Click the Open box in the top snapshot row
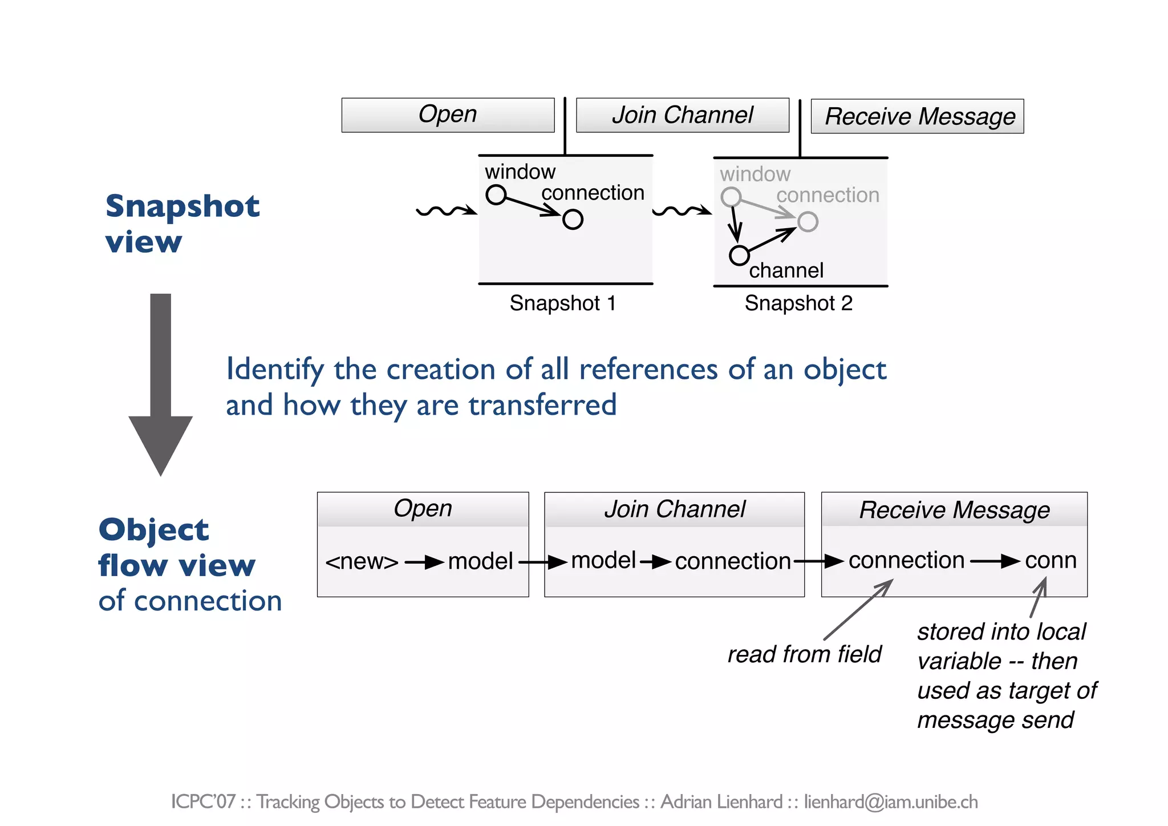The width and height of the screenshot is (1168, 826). click(x=448, y=115)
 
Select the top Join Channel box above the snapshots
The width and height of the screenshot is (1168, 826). click(x=682, y=115)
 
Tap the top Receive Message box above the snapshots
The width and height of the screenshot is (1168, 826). click(x=917, y=116)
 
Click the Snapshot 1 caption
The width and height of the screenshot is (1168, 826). click(x=562, y=303)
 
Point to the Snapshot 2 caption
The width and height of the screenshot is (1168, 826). click(x=798, y=303)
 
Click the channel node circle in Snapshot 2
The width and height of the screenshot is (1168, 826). click(x=739, y=255)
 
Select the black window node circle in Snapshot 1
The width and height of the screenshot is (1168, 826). click(x=496, y=195)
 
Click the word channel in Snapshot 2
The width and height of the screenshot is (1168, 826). click(x=786, y=270)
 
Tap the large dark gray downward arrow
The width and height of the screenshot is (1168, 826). click(x=161, y=388)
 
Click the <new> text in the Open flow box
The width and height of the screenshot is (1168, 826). click(x=362, y=562)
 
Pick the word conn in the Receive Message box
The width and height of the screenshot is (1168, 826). click(x=1051, y=561)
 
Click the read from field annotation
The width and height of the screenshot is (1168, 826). click(x=804, y=654)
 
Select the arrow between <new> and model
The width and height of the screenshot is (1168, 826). click(x=424, y=563)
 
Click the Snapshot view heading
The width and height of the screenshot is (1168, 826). click(x=182, y=224)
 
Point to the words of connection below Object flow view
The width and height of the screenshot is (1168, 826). click(x=190, y=601)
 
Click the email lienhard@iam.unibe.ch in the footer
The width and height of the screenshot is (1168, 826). click(x=891, y=802)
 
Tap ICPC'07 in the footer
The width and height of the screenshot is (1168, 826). click(x=203, y=802)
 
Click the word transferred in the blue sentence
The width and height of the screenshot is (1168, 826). click(x=542, y=405)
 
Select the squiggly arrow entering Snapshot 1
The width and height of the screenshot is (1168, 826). click(x=446, y=211)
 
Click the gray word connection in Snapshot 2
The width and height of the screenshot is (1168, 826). click(x=828, y=196)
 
